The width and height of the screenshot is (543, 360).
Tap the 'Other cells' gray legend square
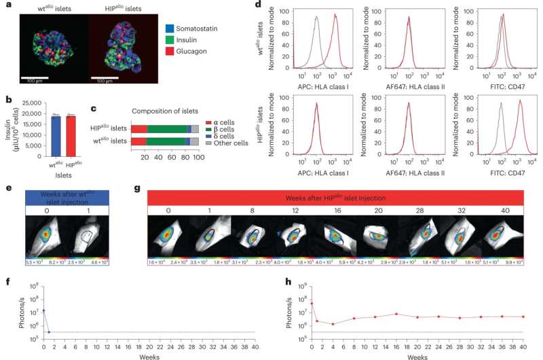tap(210, 144)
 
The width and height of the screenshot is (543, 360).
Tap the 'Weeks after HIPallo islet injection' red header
tap(335, 197)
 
